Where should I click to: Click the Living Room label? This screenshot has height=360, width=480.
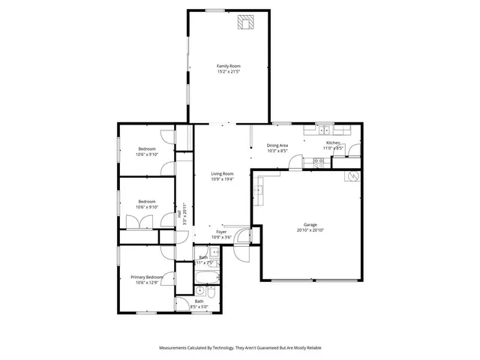(222, 174)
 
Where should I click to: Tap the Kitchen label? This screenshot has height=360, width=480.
(333, 142)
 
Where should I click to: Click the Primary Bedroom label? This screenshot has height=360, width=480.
(146, 277)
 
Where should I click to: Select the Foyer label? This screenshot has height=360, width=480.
(221, 232)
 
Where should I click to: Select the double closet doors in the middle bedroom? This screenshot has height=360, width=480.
(139, 222)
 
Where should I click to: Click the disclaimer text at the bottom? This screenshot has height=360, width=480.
(239, 348)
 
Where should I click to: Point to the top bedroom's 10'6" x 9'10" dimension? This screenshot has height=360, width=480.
(146, 155)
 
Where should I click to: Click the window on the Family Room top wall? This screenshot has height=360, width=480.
(215, 10)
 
